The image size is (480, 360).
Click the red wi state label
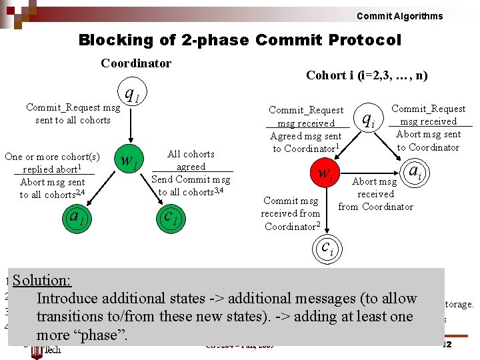pyautogui.click(x=325, y=175)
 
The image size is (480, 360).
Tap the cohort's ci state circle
pyautogui.click(x=326, y=249)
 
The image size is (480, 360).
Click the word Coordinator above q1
pyautogui.click(x=136, y=63)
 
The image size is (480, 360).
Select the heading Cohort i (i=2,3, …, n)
pyautogui.click(x=367, y=75)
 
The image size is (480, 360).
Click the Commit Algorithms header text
pyautogui.click(x=399, y=16)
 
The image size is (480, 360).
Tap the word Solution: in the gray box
pyautogui.click(x=41, y=281)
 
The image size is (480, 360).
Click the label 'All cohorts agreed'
pyautogui.click(x=191, y=160)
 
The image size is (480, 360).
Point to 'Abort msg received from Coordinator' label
pyautogui.click(x=375, y=194)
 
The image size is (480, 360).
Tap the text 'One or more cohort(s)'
pyautogui.click(x=52, y=157)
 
